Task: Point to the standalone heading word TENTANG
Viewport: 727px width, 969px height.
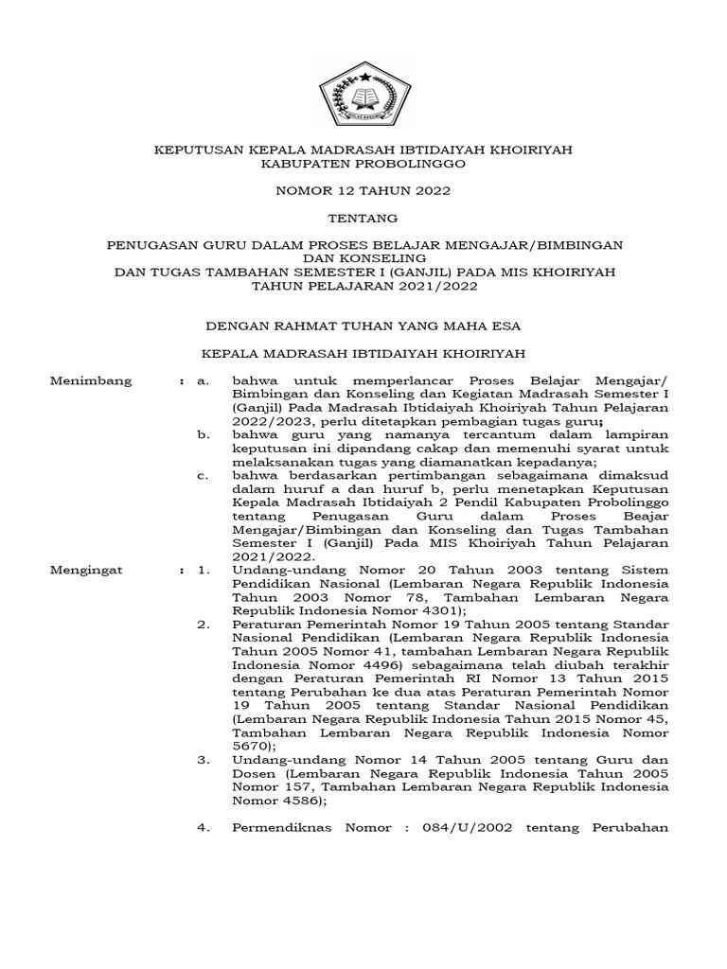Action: [x=363, y=218]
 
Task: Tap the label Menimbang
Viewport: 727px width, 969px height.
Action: [x=91, y=381]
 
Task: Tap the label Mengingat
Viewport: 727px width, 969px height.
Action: [x=90, y=571]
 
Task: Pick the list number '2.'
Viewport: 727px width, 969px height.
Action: [x=204, y=625]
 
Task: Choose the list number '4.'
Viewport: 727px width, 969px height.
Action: [x=204, y=828]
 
